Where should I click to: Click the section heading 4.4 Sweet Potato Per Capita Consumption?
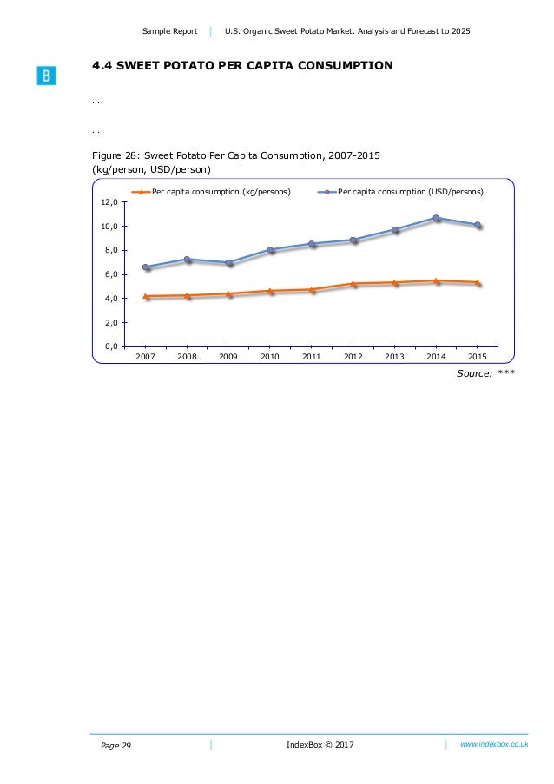pyautogui.click(x=242, y=66)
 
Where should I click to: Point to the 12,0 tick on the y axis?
pyautogui.click(x=109, y=202)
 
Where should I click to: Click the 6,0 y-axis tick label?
pyautogui.click(x=109, y=274)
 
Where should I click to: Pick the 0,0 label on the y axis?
pyautogui.click(x=109, y=346)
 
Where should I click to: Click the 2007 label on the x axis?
pyautogui.click(x=146, y=356)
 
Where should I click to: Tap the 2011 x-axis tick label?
pyautogui.click(x=312, y=356)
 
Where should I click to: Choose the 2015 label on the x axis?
pyautogui.click(x=477, y=356)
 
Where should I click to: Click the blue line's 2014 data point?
pyautogui.click(x=436, y=218)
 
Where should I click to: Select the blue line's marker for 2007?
pyautogui.click(x=146, y=267)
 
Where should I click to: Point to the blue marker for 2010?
pyautogui.click(x=270, y=250)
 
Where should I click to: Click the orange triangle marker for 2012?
pyautogui.click(x=353, y=283)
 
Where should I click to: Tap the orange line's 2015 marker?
pyautogui.click(x=477, y=282)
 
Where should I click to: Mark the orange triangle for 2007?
pyautogui.click(x=146, y=296)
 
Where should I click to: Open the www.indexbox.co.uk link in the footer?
pyautogui.click(x=494, y=744)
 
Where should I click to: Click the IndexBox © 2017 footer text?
pyautogui.click(x=320, y=745)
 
